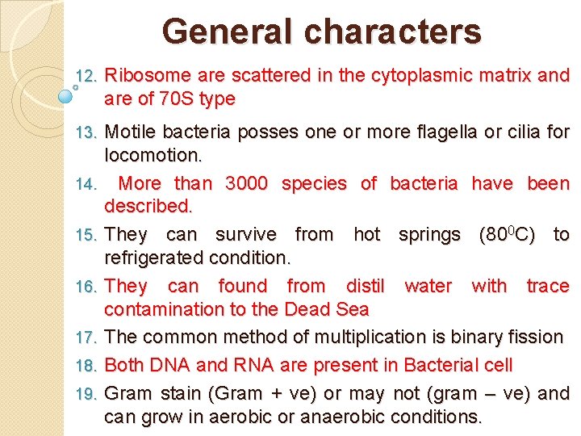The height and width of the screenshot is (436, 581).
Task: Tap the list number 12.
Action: click(86, 77)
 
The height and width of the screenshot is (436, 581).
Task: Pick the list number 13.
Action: click(86, 132)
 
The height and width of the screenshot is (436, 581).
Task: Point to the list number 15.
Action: click(86, 236)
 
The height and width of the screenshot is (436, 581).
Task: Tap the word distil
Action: click(367, 286)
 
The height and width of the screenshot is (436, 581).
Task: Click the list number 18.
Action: click(86, 366)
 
